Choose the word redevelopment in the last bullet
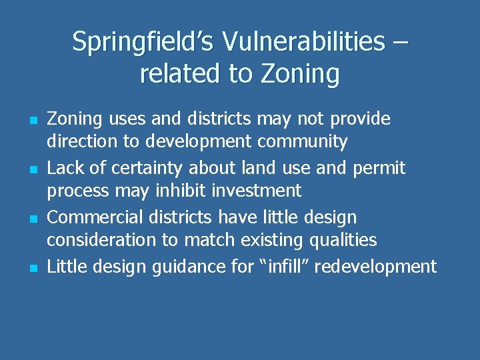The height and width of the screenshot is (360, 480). [376, 267]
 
